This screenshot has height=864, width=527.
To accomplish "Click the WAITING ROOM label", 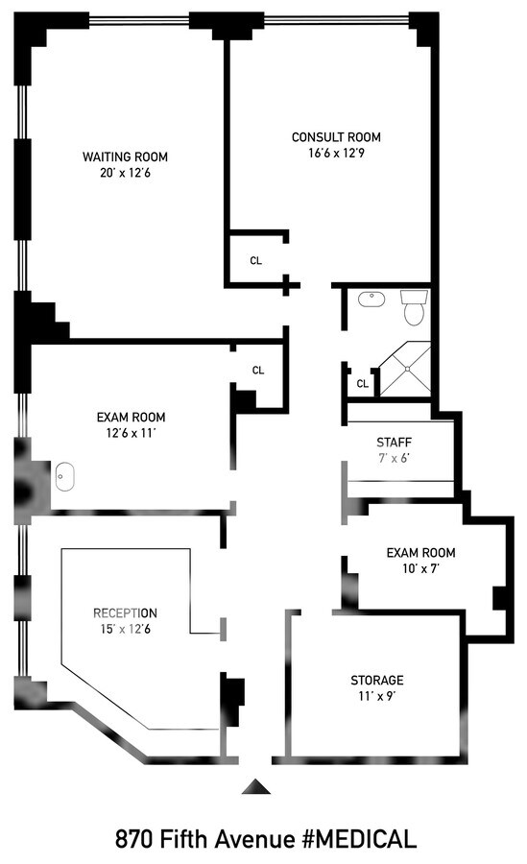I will (x=125, y=156).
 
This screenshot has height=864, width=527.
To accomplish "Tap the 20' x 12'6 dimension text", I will (x=125, y=174).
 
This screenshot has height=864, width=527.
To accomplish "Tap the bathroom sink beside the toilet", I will (x=371, y=300).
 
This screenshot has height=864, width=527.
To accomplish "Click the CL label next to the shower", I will (x=362, y=384).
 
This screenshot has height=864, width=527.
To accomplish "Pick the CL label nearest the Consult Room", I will (x=256, y=260).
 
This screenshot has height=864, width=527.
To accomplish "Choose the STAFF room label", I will (x=394, y=442).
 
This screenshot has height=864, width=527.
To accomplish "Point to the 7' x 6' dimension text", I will (x=394, y=458).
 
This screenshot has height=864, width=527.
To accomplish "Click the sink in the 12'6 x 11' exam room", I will (x=65, y=473).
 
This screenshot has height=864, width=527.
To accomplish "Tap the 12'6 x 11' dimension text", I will (x=132, y=433).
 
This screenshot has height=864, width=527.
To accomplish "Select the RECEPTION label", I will (x=125, y=612).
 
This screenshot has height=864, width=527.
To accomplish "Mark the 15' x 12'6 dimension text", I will (x=125, y=629).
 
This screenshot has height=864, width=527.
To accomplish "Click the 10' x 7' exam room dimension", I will (x=420, y=569).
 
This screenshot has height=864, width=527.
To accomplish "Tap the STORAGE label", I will (x=376, y=680).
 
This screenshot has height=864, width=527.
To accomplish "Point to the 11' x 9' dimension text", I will (x=376, y=696).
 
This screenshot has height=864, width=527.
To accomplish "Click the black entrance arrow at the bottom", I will (x=254, y=787).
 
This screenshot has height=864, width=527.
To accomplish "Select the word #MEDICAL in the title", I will (x=358, y=839).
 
